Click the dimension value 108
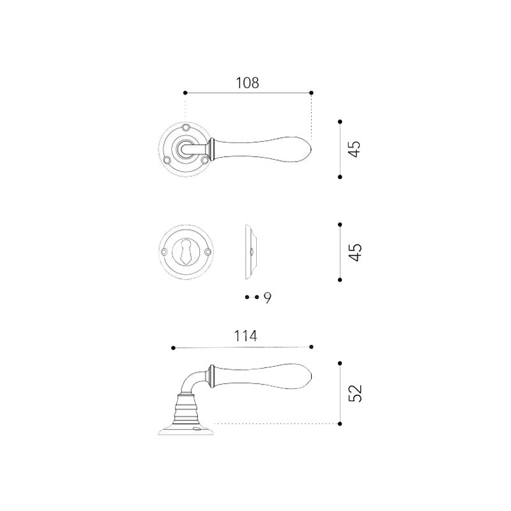(247, 83)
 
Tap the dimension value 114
(246, 336)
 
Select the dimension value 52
(355, 393)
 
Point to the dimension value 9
(268, 298)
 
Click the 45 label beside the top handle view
(355, 149)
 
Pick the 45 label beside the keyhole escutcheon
(355, 252)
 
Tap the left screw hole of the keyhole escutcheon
(164, 252)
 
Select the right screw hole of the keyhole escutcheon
(208, 252)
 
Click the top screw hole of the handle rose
(186, 126)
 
